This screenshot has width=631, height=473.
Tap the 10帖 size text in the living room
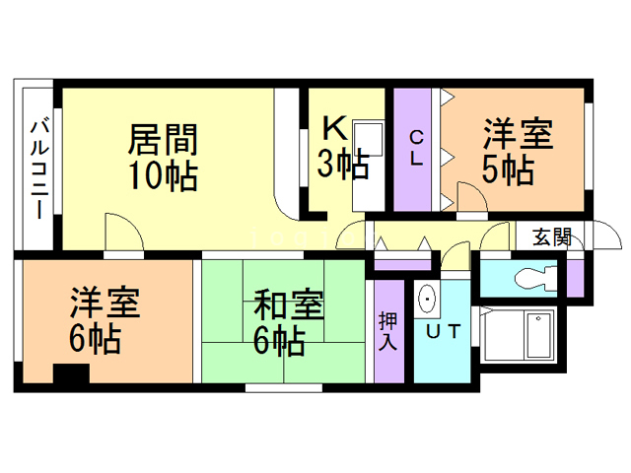pyautogui.click(x=163, y=176)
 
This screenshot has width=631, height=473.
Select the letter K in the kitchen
pyautogui.click(x=334, y=128)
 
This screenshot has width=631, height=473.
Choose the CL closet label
pyautogui.click(x=416, y=149)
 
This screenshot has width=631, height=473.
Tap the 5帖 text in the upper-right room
pyautogui.click(x=508, y=169)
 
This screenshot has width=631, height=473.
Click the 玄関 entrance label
pyautogui.click(x=552, y=236)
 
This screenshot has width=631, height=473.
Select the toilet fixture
pyautogui.click(x=532, y=277)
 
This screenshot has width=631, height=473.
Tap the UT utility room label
pyautogui.click(x=442, y=332)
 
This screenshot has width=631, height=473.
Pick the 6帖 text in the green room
pyautogui.click(x=278, y=341)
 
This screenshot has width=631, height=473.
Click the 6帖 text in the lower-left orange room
pyautogui.click(x=96, y=339)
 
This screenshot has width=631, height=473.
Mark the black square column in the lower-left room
pyautogui.click(x=70, y=375)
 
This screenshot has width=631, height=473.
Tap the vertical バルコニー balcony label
pyautogui.click(x=38, y=169)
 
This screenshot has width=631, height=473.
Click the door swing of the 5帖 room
pyautogui.click(x=468, y=196)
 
